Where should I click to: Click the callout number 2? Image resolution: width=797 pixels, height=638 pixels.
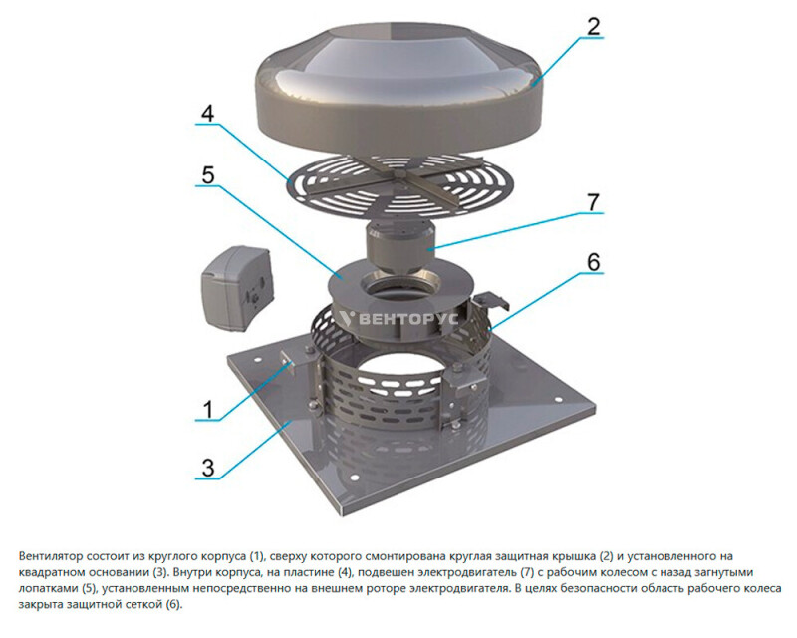tap(593, 27)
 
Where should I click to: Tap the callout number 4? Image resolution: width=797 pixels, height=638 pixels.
tap(207, 114)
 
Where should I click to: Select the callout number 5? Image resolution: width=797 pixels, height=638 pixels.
tap(208, 175)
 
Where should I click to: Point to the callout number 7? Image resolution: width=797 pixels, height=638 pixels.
tap(593, 202)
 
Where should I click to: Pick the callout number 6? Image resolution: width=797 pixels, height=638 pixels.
tap(593, 262)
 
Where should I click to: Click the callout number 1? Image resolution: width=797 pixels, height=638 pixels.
tap(208, 409)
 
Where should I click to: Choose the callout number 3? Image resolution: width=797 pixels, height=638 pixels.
tap(208, 469)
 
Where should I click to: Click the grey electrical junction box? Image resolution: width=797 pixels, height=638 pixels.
tap(237, 286)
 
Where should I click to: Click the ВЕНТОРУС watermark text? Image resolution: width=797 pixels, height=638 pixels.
tap(399, 319)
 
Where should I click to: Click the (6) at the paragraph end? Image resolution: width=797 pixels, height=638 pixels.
tap(173, 605)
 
